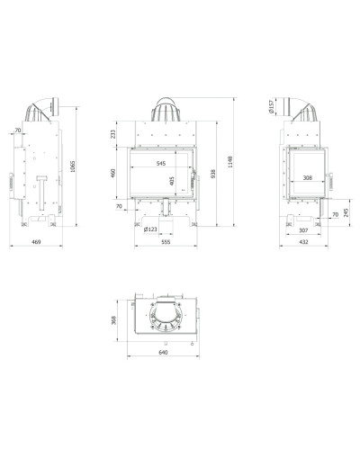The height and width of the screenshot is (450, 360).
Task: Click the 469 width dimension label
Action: pyautogui.click(x=36, y=241)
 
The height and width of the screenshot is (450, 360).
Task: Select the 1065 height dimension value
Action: pyautogui.click(x=72, y=166)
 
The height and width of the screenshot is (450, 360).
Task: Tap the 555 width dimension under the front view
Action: pyautogui.click(x=166, y=242)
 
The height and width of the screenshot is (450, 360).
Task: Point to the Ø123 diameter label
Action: pyautogui.click(x=150, y=229)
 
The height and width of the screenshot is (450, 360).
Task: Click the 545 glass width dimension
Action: pyautogui.click(x=161, y=164)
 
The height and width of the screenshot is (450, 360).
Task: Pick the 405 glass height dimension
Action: pyautogui.click(x=172, y=181)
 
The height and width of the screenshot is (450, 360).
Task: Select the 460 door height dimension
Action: pyautogui.click(x=113, y=173)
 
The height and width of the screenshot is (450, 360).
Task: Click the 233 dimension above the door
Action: pyautogui.click(x=112, y=134)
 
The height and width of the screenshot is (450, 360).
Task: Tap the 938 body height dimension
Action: pyautogui.click(x=212, y=174)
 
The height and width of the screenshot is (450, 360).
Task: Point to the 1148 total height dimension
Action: pyautogui.click(x=230, y=161)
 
